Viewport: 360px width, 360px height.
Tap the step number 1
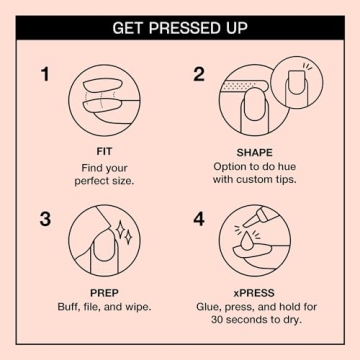coord(44,74)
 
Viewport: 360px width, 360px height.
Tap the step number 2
coord(199,74)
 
